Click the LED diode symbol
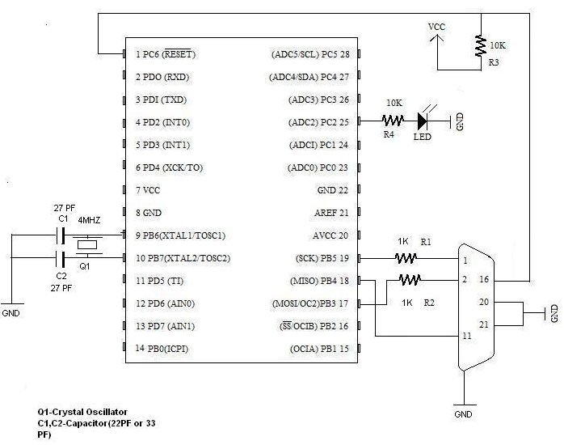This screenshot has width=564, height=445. [422, 121]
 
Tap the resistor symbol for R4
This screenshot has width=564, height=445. [394, 121]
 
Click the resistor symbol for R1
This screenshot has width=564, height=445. [406, 258]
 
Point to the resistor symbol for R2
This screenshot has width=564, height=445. [410, 280]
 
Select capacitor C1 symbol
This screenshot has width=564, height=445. [60, 235]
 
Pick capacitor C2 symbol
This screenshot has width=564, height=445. [60, 259]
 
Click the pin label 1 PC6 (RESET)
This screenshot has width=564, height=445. [167, 54]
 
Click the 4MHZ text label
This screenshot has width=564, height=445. [90, 220]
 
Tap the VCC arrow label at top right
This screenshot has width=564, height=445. [436, 28]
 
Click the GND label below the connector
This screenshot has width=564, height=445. [463, 413]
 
